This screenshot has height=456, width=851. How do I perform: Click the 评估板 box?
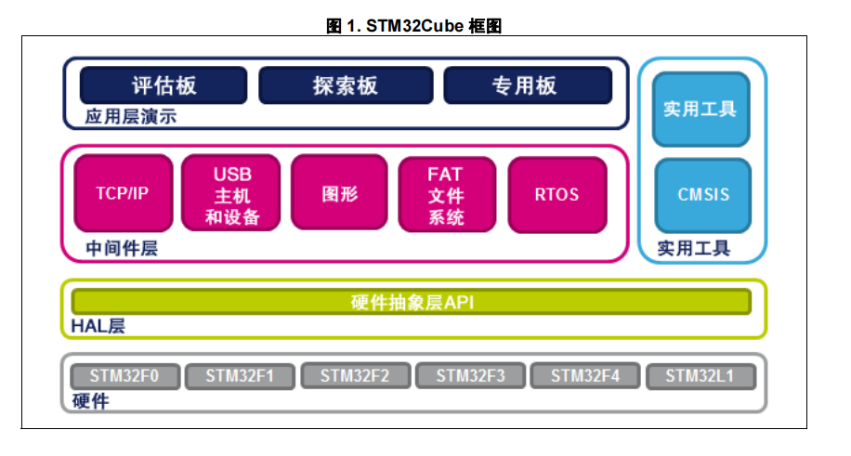164,85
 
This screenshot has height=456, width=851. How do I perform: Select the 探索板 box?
346,85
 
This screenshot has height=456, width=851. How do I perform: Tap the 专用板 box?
527,85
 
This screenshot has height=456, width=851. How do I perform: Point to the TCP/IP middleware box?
123,194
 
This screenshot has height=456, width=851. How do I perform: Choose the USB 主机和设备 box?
232,194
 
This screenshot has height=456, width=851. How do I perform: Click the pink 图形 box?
339,194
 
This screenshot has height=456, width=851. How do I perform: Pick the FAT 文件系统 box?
446,194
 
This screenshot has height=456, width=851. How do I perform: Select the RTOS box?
556,194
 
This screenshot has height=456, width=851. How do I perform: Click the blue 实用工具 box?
700,109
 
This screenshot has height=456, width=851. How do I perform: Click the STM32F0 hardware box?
124,376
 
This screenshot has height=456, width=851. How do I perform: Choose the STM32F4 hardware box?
584,376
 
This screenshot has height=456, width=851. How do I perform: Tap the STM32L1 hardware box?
700,376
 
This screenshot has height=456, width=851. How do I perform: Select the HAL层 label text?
98,326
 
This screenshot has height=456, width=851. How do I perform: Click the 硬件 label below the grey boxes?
90,401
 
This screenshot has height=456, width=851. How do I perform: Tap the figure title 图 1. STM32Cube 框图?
414,26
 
